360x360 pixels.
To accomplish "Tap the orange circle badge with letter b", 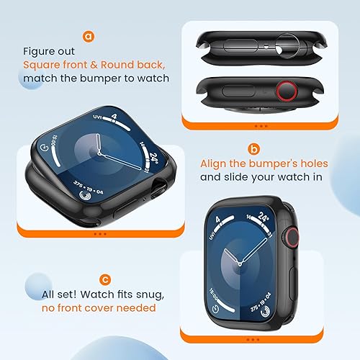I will click(253, 150).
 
